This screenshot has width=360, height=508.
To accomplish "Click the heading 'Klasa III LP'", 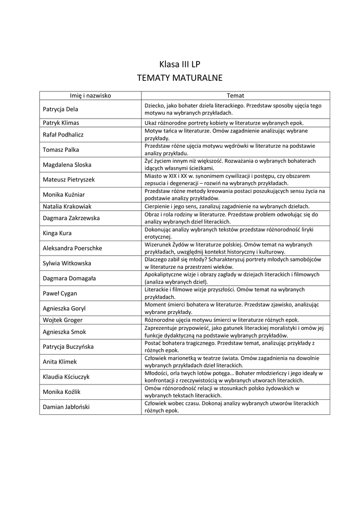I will (180, 64).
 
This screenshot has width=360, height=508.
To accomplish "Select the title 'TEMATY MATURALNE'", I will (180, 78).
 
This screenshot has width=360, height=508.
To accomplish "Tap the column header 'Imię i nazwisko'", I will (90, 95).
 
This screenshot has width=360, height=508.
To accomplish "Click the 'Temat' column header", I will (235, 95).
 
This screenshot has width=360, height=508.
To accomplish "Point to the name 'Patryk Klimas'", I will (61, 123).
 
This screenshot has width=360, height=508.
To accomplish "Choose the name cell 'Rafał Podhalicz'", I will (63, 134).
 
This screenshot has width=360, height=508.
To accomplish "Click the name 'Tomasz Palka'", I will (61, 149).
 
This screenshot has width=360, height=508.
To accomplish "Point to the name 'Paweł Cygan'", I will (60, 293).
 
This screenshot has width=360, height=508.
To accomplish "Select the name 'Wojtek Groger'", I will (63, 320).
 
